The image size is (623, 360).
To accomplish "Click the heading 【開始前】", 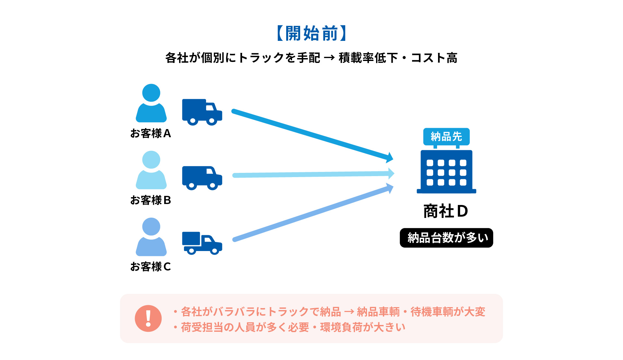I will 311,33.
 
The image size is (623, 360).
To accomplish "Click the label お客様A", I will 151,133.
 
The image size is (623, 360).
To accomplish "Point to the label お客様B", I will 151,200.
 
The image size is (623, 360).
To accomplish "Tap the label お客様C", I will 151,267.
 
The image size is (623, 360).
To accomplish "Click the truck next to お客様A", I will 202,112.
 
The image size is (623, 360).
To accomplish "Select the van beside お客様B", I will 202,178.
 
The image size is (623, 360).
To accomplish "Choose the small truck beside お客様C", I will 202,243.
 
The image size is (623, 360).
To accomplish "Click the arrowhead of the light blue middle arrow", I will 391,174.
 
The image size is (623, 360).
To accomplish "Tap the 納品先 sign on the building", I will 446,137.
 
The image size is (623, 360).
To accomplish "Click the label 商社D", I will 446,211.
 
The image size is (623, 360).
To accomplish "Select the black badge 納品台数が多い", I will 446,238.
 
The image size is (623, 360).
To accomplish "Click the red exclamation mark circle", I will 148,318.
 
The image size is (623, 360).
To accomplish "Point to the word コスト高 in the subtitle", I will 434,58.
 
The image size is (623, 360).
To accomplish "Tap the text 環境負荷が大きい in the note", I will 363,327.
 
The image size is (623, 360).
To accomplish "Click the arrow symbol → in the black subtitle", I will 329,58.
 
